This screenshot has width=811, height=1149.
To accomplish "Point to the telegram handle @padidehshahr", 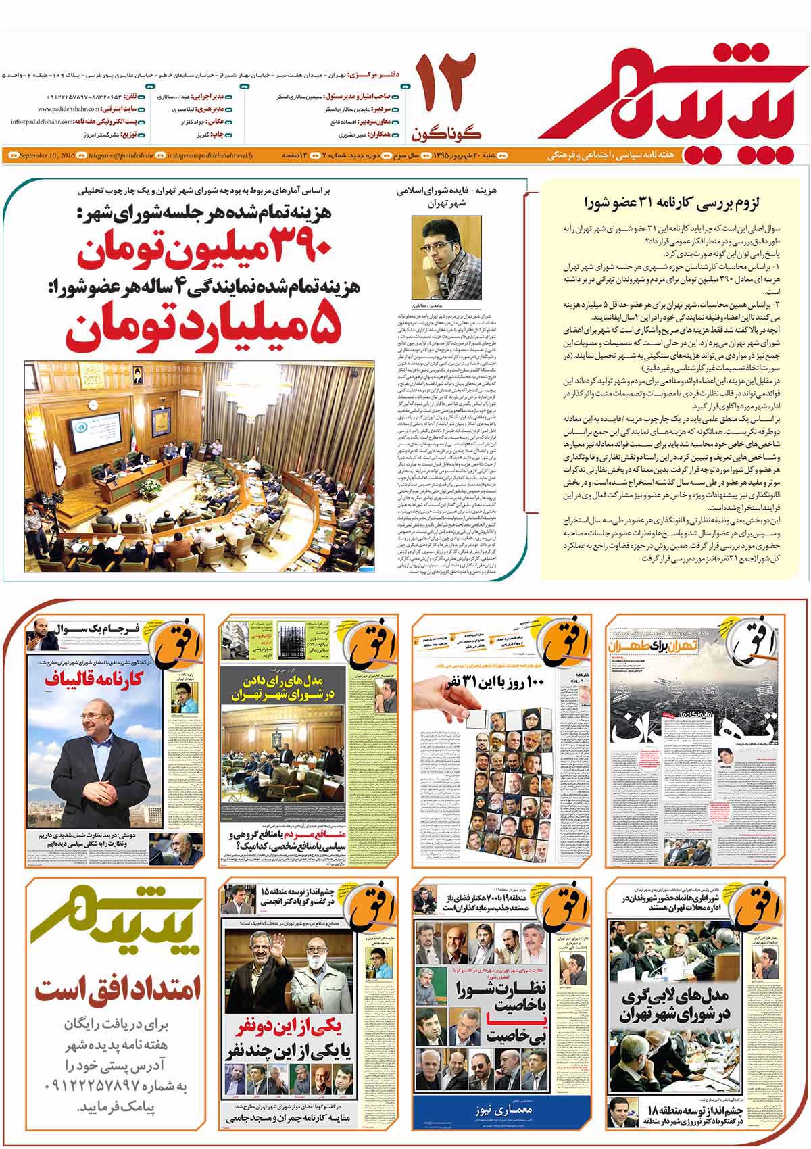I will pos(120,156).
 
